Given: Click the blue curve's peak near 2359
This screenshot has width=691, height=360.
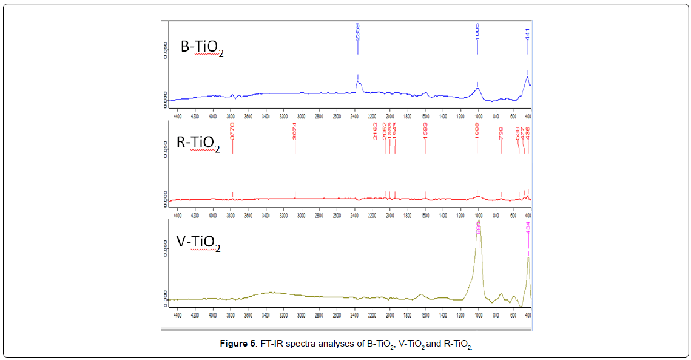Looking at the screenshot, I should [x=358, y=83].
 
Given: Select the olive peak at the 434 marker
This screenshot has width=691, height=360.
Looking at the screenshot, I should [x=528, y=258].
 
